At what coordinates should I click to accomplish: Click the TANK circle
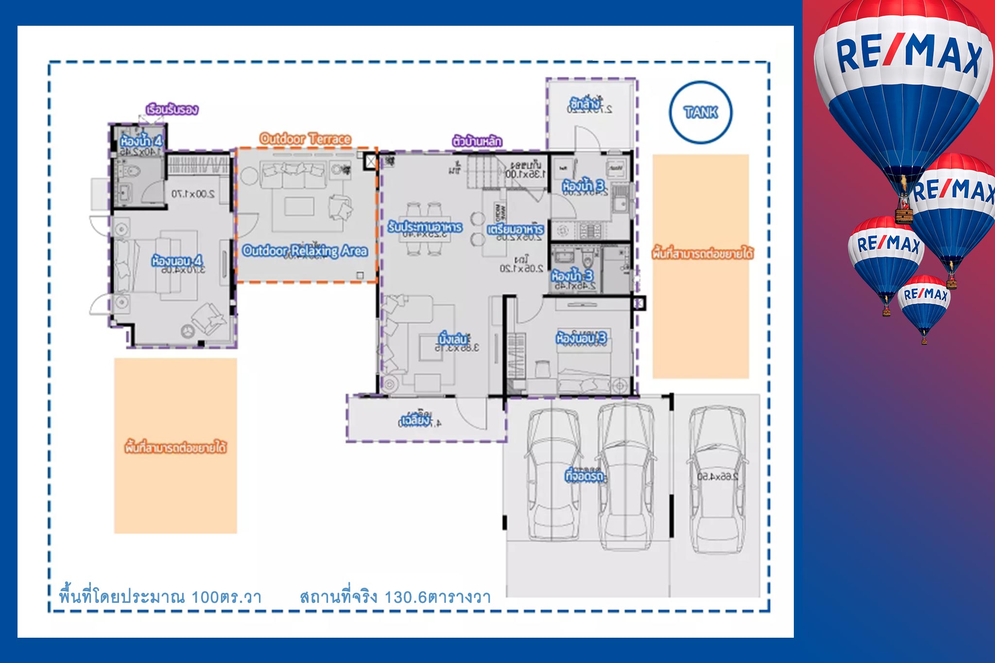(700, 112)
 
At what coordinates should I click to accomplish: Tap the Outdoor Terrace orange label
(305, 138)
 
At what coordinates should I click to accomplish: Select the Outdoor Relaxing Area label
(305, 251)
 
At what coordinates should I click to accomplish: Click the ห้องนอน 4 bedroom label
(176, 261)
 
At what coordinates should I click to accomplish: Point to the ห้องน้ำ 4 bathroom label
(141, 141)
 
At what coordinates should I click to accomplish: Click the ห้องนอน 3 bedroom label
(581, 338)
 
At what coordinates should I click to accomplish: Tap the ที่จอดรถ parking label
(584, 476)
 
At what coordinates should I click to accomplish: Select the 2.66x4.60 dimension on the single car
(718, 477)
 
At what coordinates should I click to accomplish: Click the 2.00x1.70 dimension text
(193, 194)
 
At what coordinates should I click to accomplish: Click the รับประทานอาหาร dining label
(425, 227)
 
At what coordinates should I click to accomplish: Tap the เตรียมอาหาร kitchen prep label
(515, 229)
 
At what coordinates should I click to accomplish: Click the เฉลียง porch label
(415, 420)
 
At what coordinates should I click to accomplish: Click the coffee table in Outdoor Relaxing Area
(299, 206)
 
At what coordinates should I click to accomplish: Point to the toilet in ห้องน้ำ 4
(131, 171)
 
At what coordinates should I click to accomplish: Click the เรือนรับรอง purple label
(172, 109)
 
